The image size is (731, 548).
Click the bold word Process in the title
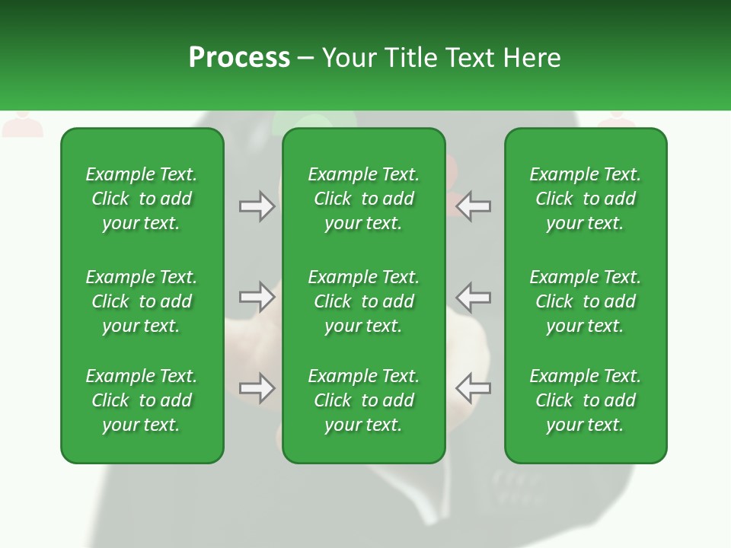pyautogui.click(x=239, y=58)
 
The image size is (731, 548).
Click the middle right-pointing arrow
pyautogui.click(x=257, y=297)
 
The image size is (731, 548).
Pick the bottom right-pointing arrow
pyautogui.click(x=257, y=388)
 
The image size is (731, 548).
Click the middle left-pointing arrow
pyautogui.click(x=474, y=297)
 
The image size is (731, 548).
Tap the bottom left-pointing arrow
pyautogui.click(x=474, y=388)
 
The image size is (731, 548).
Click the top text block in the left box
pyautogui.click(x=142, y=199)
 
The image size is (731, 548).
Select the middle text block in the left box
pyautogui.click(x=142, y=301)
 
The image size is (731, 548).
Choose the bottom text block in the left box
pyautogui.click(x=142, y=400)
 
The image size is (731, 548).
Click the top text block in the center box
pyautogui.click(x=364, y=199)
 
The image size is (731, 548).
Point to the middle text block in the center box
pyautogui.click(x=364, y=301)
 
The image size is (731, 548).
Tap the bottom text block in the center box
pyautogui.click(x=364, y=400)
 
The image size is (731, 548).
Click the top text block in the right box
pyautogui.click(x=586, y=199)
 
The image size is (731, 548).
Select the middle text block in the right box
pyautogui.click(x=586, y=301)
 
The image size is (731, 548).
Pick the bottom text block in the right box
pyautogui.click(x=586, y=400)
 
